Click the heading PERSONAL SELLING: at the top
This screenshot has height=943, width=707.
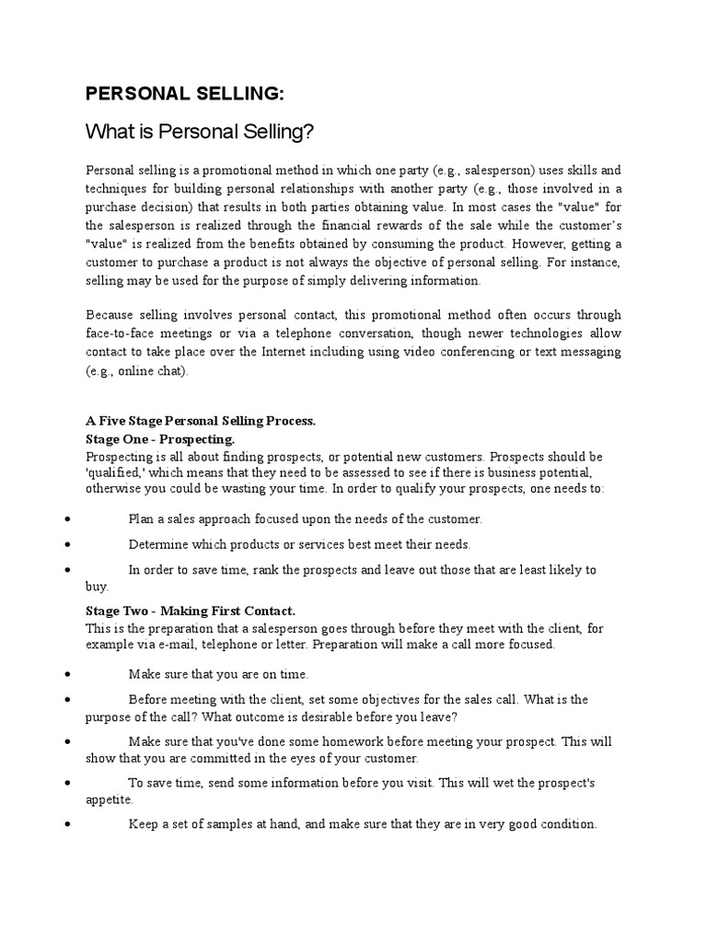(x=171, y=93)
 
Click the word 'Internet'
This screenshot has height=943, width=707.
(x=339, y=352)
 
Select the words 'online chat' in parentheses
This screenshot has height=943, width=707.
(x=150, y=370)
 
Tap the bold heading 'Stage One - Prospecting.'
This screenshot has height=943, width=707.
(x=160, y=438)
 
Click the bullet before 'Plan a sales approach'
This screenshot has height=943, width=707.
(x=70, y=520)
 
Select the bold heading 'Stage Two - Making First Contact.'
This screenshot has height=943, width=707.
(x=191, y=611)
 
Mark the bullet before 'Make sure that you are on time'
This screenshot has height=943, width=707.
(x=70, y=675)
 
